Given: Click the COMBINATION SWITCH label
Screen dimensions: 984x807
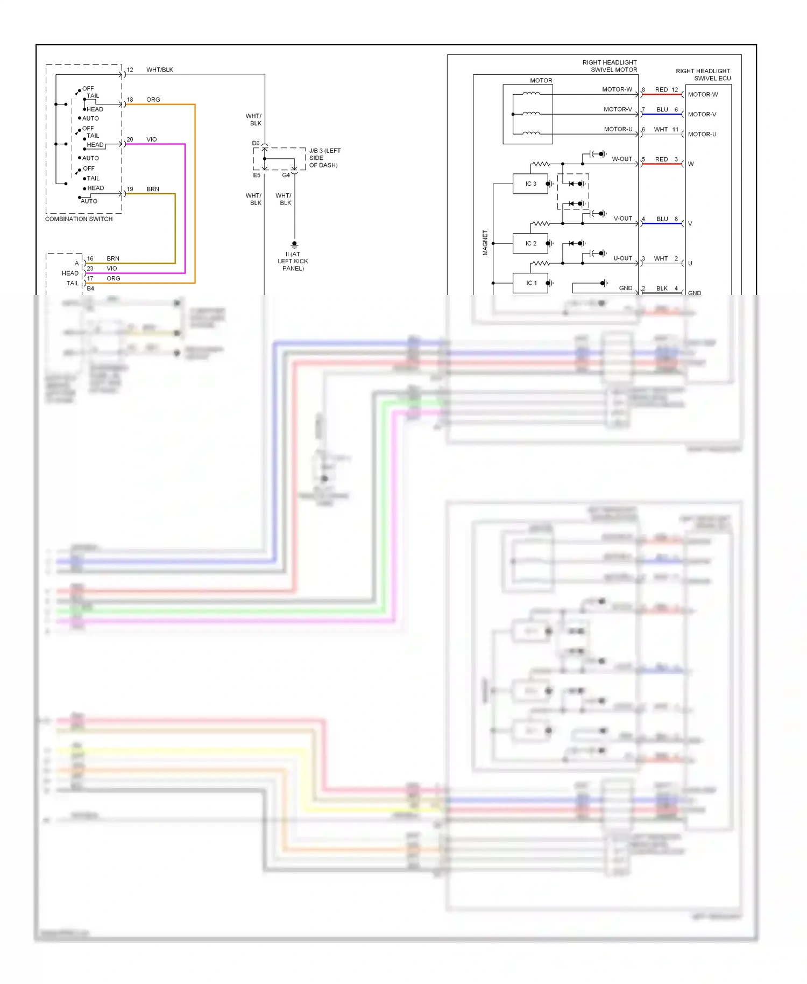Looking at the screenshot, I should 79,219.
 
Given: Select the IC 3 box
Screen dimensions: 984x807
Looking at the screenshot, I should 530,184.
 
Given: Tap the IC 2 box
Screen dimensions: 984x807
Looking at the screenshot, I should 530,243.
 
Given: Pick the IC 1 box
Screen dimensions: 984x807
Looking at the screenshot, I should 530,283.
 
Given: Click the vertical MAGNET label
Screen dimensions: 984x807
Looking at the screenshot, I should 485,243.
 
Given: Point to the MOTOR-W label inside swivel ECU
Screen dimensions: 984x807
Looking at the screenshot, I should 703,95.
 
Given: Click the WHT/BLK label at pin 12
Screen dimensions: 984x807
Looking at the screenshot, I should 160,70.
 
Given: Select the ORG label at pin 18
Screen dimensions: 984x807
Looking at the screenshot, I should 153,100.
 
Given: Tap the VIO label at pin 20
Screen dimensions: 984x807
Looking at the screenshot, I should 152,139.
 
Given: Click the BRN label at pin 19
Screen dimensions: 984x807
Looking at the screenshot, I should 153,189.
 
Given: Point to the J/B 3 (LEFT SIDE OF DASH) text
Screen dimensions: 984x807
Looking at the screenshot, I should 324,158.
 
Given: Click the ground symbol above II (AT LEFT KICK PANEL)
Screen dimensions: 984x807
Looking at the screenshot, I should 294,244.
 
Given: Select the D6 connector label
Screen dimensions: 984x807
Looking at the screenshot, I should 256,143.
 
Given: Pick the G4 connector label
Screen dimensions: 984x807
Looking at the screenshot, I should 286,175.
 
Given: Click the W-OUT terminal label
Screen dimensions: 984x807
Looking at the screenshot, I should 622,159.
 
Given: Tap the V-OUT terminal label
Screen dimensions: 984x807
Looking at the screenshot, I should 623,219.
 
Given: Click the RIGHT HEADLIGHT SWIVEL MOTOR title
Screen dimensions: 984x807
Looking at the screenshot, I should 610,66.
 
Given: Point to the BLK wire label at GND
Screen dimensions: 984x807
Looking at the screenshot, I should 662,289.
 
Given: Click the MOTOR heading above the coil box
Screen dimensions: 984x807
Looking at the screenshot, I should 541,81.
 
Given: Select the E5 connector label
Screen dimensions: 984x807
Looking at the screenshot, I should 257,175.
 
